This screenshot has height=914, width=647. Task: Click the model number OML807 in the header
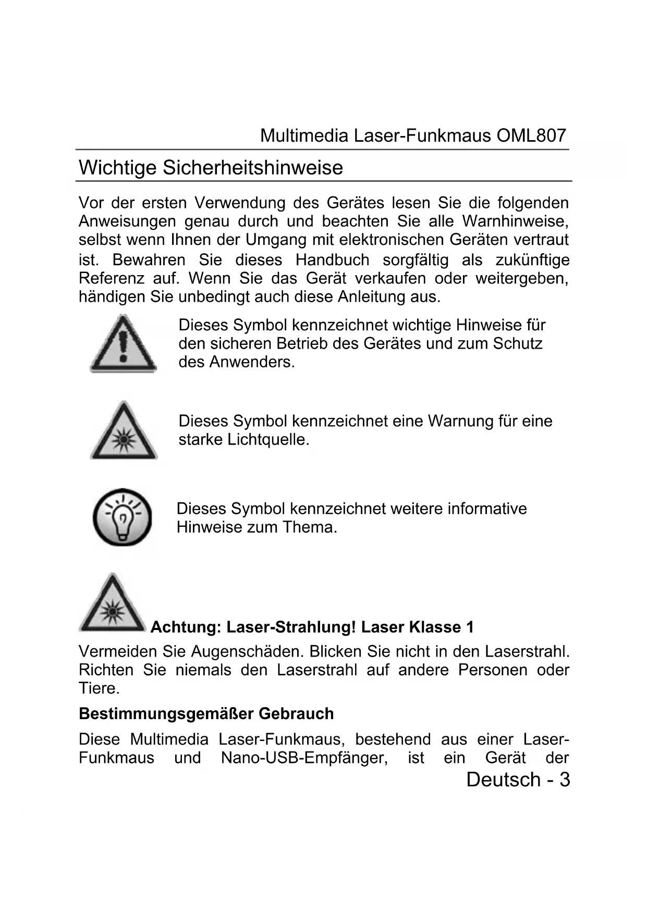click(x=531, y=136)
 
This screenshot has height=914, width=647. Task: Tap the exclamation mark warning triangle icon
click(x=123, y=344)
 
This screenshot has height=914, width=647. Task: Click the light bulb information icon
click(x=123, y=517)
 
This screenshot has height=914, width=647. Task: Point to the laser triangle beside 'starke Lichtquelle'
click(x=124, y=431)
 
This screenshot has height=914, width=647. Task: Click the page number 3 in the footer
click(x=564, y=780)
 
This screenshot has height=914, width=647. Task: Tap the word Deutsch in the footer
click(x=503, y=780)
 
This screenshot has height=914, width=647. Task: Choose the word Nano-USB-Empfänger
click(x=304, y=758)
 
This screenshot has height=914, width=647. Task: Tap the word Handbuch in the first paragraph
click(x=332, y=260)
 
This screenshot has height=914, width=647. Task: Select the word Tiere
click(x=99, y=688)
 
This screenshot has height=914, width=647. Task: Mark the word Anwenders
click(x=252, y=362)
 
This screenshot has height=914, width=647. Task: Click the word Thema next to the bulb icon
click(x=310, y=527)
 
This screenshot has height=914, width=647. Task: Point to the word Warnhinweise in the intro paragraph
click(x=515, y=221)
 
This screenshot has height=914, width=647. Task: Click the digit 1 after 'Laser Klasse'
click(x=470, y=627)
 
